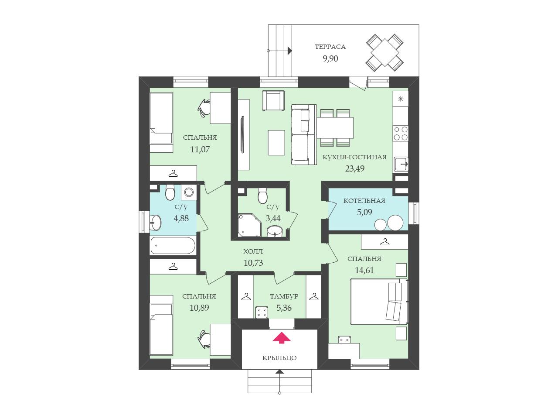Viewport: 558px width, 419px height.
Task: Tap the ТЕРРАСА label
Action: pos(330,47)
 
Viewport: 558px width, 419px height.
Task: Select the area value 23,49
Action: pos(354,168)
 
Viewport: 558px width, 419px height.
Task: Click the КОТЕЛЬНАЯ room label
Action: pos(364,201)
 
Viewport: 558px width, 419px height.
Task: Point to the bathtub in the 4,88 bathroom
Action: pos(173,245)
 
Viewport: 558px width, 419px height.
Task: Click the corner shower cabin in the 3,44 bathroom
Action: pos(249,225)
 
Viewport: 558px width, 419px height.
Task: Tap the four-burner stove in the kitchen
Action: pos(401,134)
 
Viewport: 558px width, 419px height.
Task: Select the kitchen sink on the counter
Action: pos(401,165)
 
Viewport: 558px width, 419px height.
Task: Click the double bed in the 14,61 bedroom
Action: pos(379,302)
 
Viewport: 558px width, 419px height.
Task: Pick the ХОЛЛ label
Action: pos(253,251)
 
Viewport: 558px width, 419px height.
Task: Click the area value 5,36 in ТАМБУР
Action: pos(284,308)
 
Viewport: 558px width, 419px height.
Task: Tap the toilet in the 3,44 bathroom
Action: pos(262,196)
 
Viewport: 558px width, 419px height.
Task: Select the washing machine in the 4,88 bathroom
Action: pos(189,192)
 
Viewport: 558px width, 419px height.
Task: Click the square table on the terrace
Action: pos(385,53)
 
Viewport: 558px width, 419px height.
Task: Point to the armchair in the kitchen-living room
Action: pos(273,100)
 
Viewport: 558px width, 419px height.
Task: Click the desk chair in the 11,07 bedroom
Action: pos(204,108)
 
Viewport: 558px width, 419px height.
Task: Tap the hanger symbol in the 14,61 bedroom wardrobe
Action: pos(385,242)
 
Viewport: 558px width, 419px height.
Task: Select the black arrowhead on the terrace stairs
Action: pos(289,51)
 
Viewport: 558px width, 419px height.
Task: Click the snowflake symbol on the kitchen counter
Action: pos(401,99)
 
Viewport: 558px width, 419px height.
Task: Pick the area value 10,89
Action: pos(199,308)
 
